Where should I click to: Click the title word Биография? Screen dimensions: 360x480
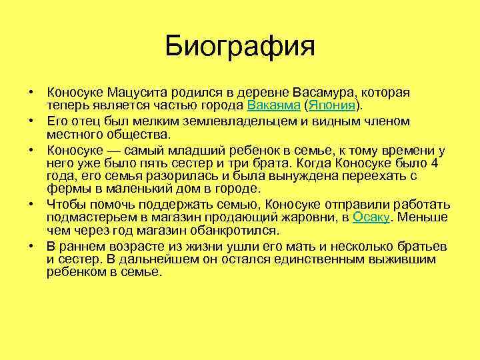point(240,47)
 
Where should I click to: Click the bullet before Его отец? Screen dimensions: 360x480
point(31,121)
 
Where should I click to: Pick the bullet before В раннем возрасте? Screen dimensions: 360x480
point(31,246)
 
